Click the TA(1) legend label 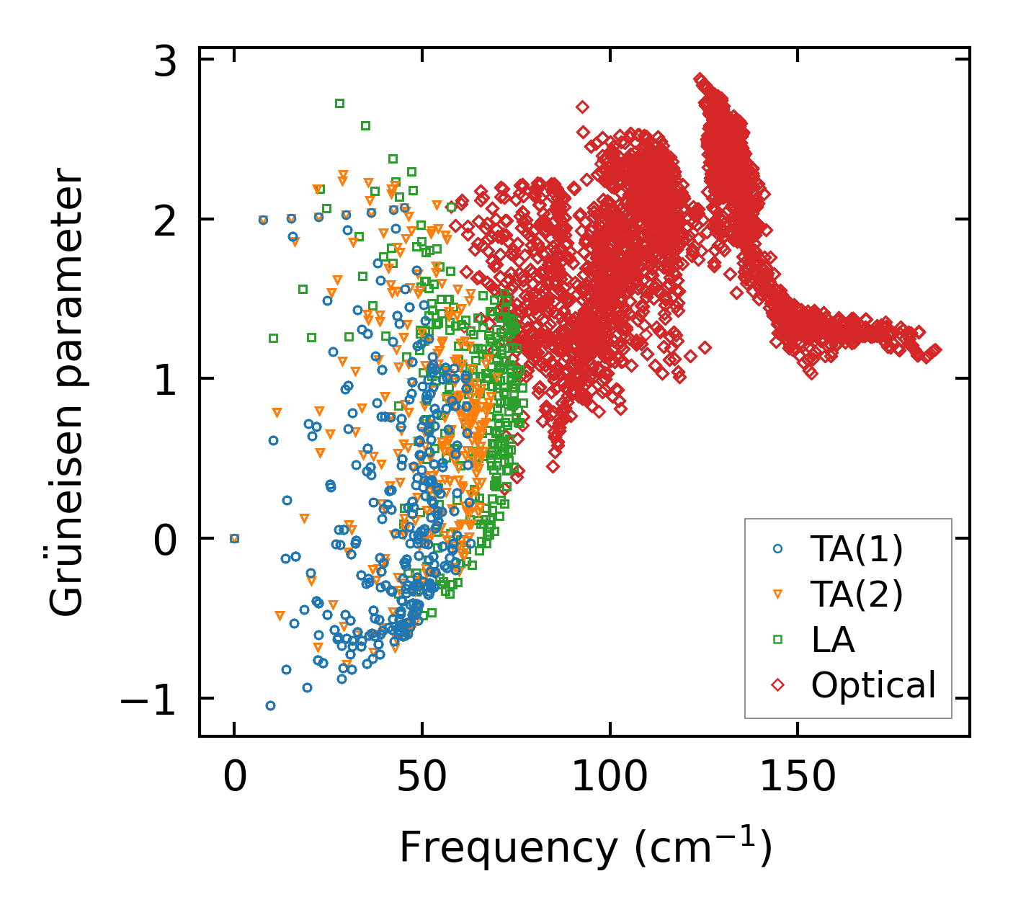tap(857, 549)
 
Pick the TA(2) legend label tap(857, 594)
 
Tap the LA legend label tap(833, 640)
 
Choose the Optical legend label tap(873, 685)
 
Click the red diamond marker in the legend tap(777, 685)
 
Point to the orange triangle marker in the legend tap(777, 594)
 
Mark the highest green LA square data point tap(339, 103)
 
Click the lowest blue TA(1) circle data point tap(270, 705)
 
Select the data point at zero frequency tap(234, 538)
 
